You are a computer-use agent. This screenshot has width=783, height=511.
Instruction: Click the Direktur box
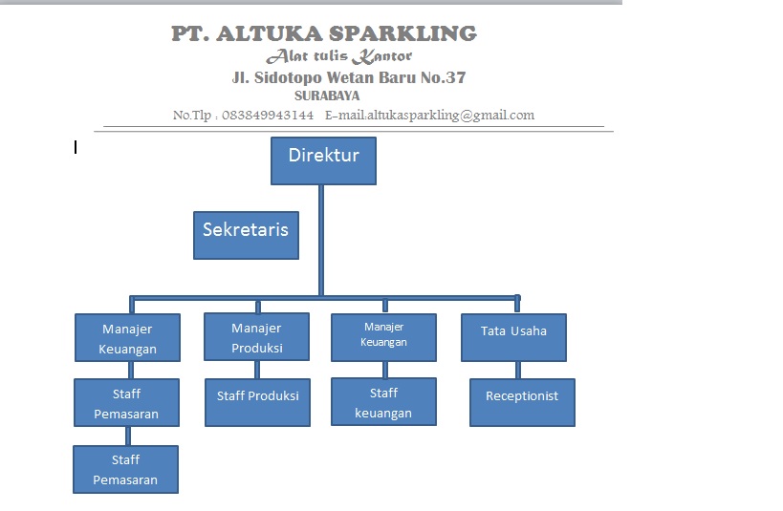coord(323,160)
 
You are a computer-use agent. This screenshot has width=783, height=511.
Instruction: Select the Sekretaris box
coord(246,235)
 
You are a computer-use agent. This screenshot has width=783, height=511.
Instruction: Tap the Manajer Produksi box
coord(256,337)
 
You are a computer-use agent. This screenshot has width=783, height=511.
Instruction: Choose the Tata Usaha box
coord(513,337)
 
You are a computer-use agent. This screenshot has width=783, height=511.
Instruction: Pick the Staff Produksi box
coord(257,402)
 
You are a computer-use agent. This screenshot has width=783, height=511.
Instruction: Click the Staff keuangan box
coord(383,402)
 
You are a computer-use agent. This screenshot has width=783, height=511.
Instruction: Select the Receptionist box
coord(522,402)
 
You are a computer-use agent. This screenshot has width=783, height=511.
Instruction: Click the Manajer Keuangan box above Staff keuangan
coord(383,338)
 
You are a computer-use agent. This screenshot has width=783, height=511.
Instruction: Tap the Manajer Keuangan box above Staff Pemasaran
coord(127,338)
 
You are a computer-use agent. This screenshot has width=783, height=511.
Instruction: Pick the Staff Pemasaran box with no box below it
coord(125,469)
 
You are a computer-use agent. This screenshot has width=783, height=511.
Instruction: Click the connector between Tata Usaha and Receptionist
coord(518,370)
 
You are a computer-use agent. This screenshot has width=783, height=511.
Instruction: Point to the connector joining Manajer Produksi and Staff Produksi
coord(256,369)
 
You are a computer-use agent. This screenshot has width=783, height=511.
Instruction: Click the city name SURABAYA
coord(327,96)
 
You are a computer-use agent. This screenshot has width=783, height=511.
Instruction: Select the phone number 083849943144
coord(268,116)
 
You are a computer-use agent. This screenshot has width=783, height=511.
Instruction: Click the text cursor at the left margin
coord(76,146)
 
